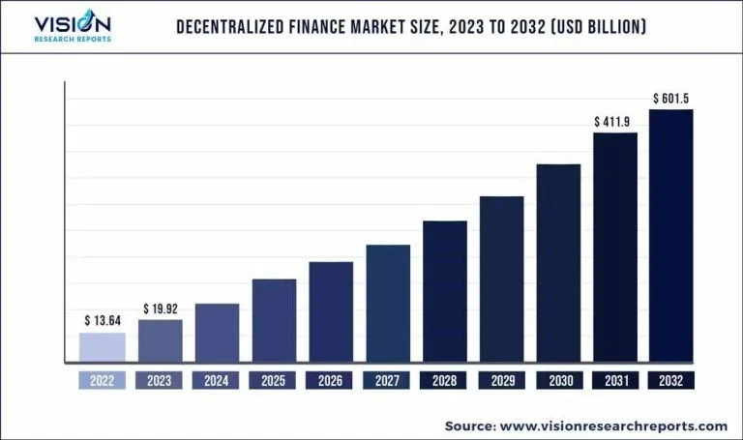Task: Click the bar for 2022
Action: (103, 347)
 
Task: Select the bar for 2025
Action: (274, 320)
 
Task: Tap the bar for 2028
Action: (445, 291)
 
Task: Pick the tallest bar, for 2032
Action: (670, 236)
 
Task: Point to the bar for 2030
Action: (558, 263)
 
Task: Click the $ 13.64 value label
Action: (103, 320)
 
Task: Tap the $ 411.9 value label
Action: (614, 122)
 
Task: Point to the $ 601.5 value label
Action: (670, 99)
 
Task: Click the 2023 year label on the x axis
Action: (160, 380)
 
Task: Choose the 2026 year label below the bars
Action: (331, 380)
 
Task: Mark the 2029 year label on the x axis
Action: (501, 380)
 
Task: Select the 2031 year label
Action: (614, 380)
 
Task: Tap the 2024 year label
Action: (217, 380)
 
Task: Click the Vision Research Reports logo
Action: (73, 27)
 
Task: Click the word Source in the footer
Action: (470, 425)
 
